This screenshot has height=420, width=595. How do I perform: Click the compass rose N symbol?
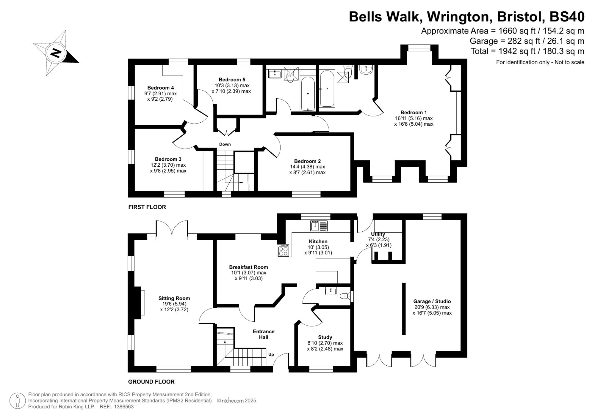pyautogui.click(x=56, y=53)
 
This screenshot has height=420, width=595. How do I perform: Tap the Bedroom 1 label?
pyautogui.click(x=414, y=113)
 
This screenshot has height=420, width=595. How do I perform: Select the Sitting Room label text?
pyautogui.click(x=174, y=298)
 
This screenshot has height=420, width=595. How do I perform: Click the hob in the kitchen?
pyautogui.click(x=283, y=250)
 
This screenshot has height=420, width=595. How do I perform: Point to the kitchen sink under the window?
pyautogui.click(x=319, y=226)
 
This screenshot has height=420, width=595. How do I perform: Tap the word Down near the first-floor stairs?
pyautogui.click(x=225, y=144)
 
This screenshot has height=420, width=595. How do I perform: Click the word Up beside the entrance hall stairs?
pyautogui.click(x=271, y=354)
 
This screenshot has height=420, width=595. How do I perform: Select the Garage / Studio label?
pyautogui.click(x=432, y=301)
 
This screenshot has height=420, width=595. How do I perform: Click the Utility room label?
pyautogui.click(x=378, y=234)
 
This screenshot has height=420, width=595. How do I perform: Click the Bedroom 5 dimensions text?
pyautogui.click(x=231, y=89)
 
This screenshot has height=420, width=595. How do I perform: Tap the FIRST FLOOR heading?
pyautogui.click(x=147, y=207)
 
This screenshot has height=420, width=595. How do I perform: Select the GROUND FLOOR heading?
pyautogui.click(x=151, y=382)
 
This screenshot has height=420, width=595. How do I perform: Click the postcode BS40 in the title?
pyautogui.click(x=567, y=17)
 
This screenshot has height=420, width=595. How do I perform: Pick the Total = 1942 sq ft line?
pyautogui.click(x=527, y=51)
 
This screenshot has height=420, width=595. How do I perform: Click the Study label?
pyautogui.click(x=325, y=337)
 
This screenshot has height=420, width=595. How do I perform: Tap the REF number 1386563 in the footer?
pyautogui.click(x=124, y=407)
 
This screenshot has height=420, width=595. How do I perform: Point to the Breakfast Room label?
pyautogui.click(x=248, y=267)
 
